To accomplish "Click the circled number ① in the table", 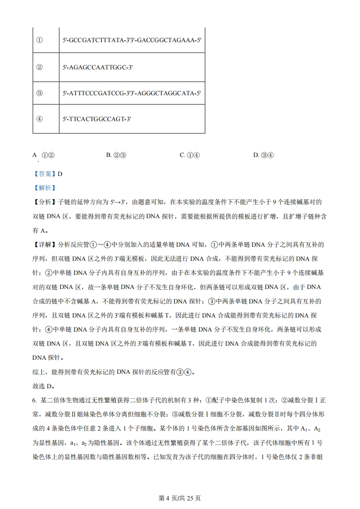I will (39, 40).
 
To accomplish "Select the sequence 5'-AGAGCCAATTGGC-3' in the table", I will (98, 67).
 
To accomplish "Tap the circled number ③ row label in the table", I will (39, 93).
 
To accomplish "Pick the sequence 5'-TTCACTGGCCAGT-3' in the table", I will (97, 119).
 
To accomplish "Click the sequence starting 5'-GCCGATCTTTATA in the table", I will (132, 40).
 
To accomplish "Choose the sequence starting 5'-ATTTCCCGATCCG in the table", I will (132, 93).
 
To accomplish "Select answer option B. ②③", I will (116, 155).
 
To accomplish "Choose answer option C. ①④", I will (189, 155).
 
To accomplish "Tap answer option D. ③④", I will (263, 155).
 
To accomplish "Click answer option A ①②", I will (44, 155).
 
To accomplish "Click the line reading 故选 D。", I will (44, 387).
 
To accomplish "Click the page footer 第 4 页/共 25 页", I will (180, 498).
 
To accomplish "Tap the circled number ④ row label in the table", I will (39, 119).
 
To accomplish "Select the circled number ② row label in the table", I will (39, 67).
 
